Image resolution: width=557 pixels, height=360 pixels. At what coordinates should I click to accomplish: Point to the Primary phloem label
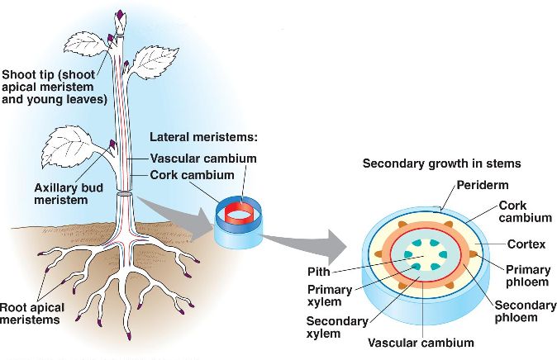click(527, 276)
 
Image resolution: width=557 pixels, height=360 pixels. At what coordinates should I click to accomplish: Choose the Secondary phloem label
click(525, 311)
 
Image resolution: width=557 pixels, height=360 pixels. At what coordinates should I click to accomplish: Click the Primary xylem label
click(329, 296)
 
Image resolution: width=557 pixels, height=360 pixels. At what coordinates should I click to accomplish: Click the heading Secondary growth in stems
click(441, 163)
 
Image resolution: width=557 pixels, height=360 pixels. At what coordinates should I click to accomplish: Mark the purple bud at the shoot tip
click(121, 16)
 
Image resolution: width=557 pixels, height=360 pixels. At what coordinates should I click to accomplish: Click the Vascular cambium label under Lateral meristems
click(203, 158)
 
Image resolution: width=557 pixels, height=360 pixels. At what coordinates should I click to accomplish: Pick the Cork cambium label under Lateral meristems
click(193, 174)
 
